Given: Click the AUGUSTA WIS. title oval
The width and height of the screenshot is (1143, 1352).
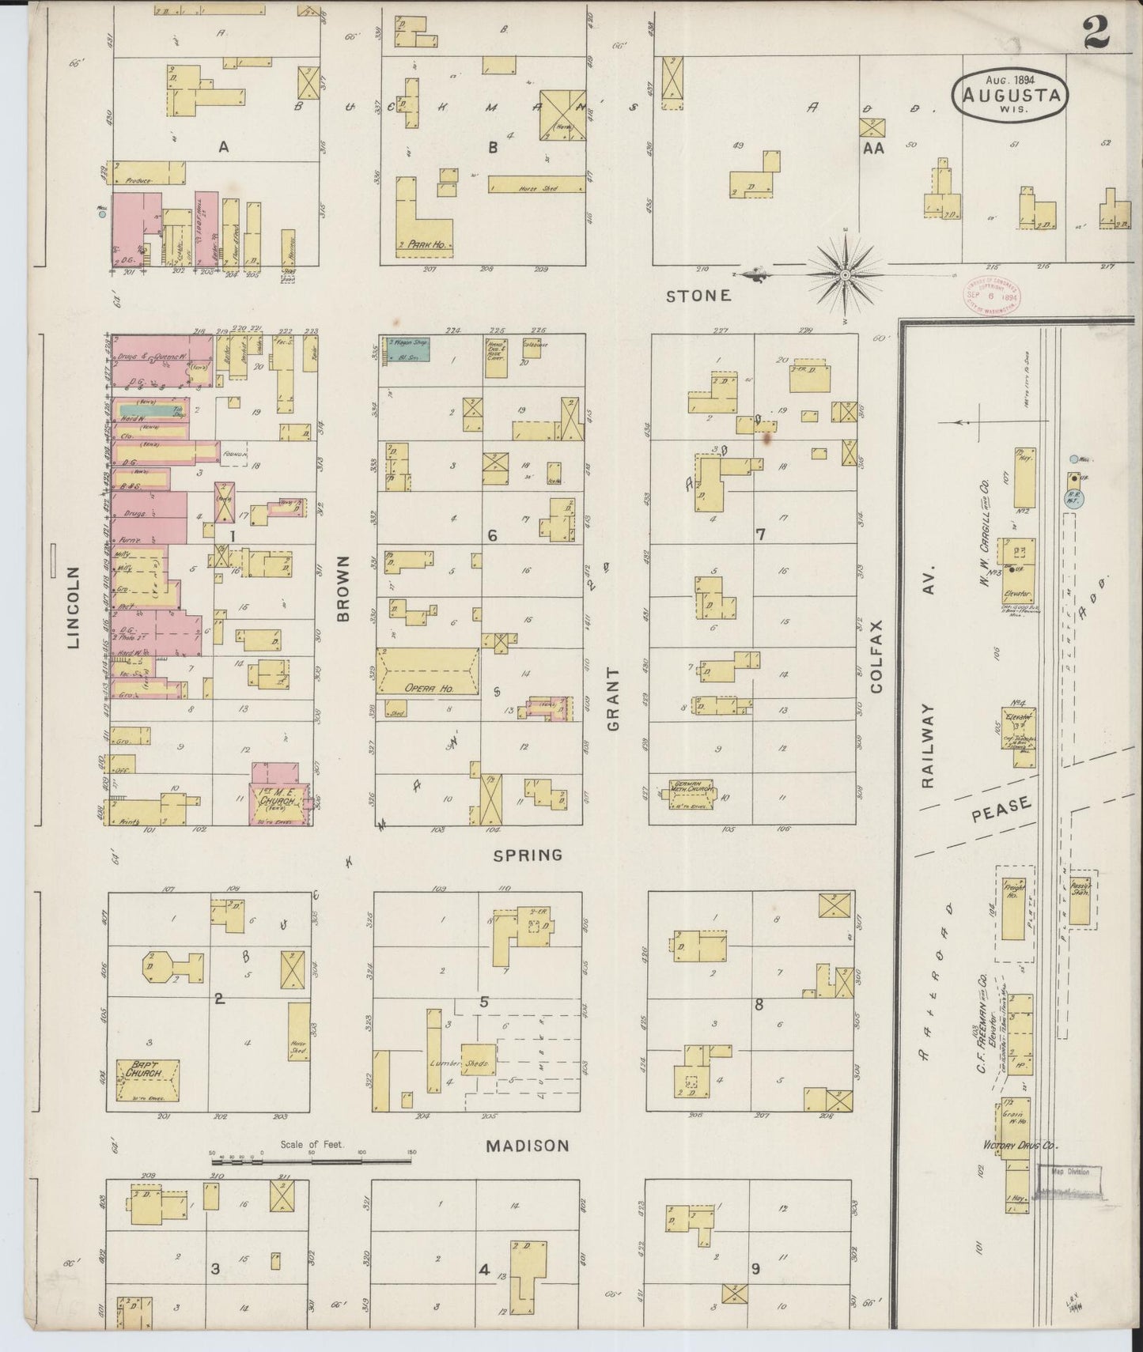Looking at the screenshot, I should click(1010, 96).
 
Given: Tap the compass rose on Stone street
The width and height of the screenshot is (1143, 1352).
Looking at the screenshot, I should click(845, 274).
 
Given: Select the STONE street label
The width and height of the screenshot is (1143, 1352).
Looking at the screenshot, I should click(698, 296).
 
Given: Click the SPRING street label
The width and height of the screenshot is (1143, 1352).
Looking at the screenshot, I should click(528, 855).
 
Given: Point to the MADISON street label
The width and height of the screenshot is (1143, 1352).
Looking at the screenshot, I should click(527, 1146).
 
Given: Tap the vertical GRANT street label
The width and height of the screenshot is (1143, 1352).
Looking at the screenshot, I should click(614, 699).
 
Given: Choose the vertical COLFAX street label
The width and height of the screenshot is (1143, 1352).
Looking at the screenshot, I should click(876, 656).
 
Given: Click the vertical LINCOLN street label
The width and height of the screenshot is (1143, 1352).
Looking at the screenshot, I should click(74, 607).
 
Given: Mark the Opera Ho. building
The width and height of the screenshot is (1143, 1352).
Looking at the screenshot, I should click(429, 673).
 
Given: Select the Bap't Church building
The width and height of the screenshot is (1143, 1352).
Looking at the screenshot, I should click(148, 1080).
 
